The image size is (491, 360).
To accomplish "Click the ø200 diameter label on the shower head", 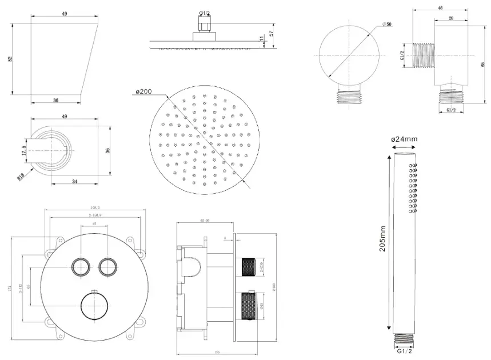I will tap(144, 91).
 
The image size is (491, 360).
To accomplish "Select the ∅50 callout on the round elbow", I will tap(387, 24).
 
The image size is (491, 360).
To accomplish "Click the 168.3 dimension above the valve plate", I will tap(95, 208).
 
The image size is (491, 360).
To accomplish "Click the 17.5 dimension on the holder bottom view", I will tap(24, 151).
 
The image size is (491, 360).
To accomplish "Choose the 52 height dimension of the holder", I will tap(11, 59).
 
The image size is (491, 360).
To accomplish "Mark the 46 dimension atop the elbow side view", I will tap(440, 7).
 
